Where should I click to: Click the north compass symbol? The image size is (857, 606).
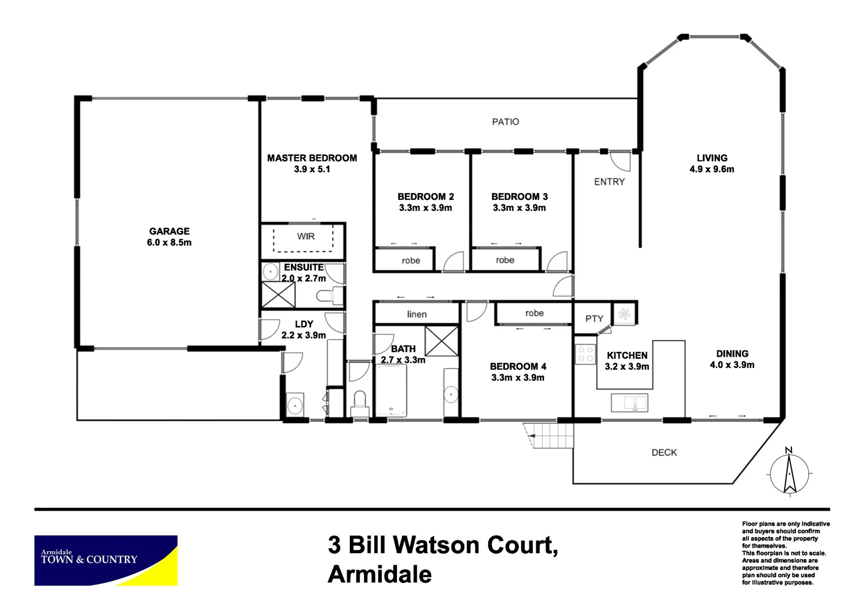coord(789,473)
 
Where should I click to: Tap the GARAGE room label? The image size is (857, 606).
coord(169,231)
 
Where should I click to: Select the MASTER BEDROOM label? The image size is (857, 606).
coord(312,158)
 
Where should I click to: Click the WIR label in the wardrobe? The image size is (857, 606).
coord(306,236)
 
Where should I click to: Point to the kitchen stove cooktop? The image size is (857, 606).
coord(586,354)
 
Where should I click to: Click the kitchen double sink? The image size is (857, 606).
coord(629,402)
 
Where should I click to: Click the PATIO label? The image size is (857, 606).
coord(505,122)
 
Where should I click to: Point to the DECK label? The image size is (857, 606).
coord(664,452)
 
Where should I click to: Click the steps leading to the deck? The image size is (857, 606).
coord(550,435)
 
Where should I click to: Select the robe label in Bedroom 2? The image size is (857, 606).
coord(411,260)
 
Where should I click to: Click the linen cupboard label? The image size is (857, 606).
coord(417,314)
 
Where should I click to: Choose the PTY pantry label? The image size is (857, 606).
coord(594,319)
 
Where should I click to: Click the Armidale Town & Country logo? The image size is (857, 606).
coord(106,560)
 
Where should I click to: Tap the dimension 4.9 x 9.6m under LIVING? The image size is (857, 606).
coord(712,169)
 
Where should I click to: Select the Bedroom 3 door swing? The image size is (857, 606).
coord(557,261)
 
